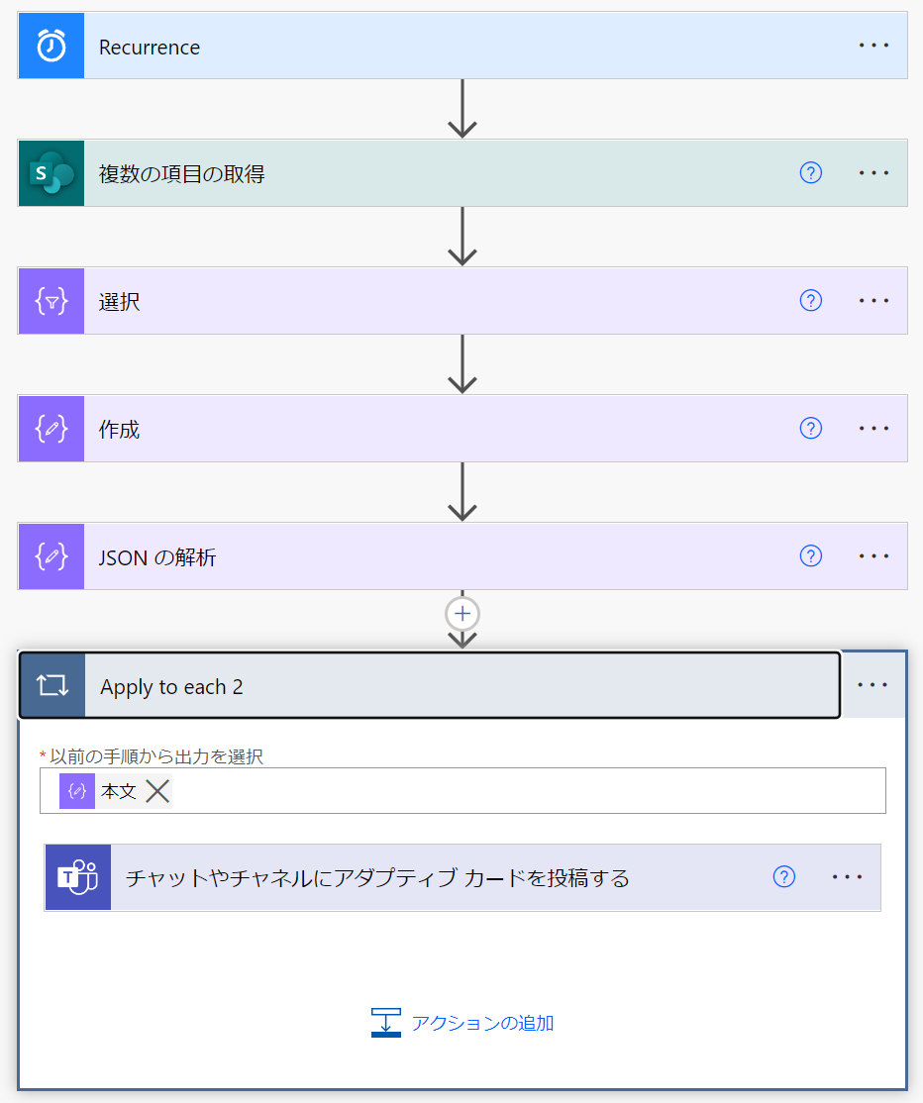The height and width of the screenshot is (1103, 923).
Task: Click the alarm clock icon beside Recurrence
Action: pyautogui.click(x=51, y=46)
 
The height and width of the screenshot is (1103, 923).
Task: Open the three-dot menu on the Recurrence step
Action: pyautogui.click(x=873, y=46)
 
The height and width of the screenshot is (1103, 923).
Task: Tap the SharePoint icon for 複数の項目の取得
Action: pyautogui.click(x=51, y=173)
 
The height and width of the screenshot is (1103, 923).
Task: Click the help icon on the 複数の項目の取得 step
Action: pyautogui.click(x=810, y=173)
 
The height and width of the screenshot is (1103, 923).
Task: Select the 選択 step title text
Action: pyautogui.click(x=120, y=301)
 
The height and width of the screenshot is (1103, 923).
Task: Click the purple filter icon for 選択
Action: pyautogui.click(x=51, y=301)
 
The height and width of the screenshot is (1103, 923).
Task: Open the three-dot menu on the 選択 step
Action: pyautogui.click(x=873, y=301)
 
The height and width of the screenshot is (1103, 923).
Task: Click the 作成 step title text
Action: pyautogui.click(x=120, y=429)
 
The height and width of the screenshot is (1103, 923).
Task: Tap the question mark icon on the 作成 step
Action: pyautogui.click(x=810, y=429)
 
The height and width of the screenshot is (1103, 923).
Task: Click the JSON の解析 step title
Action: pyautogui.click(x=157, y=557)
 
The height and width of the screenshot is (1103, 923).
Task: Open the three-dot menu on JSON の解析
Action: pyautogui.click(x=873, y=556)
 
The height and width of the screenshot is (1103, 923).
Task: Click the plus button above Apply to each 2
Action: pyautogui.click(x=462, y=614)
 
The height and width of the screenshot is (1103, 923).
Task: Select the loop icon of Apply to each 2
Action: pyautogui.click(x=51, y=685)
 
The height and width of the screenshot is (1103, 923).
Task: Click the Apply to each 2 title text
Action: pyautogui.click(x=171, y=686)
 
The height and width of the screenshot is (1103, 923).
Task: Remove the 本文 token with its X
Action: pyautogui.click(x=157, y=791)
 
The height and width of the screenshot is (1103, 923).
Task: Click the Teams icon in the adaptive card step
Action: pyautogui.click(x=77, y=877)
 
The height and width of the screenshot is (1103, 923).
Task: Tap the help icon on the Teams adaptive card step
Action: pyautogui.click(x=783, y=877)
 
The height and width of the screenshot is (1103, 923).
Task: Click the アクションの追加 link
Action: pyautogui.click(x=481, y=1023)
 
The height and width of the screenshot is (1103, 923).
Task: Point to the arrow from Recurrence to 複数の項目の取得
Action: pyautogui.click(x=462, y=109)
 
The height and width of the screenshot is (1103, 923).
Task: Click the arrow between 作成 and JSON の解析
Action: pyautogui.click(x=462, y=492)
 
